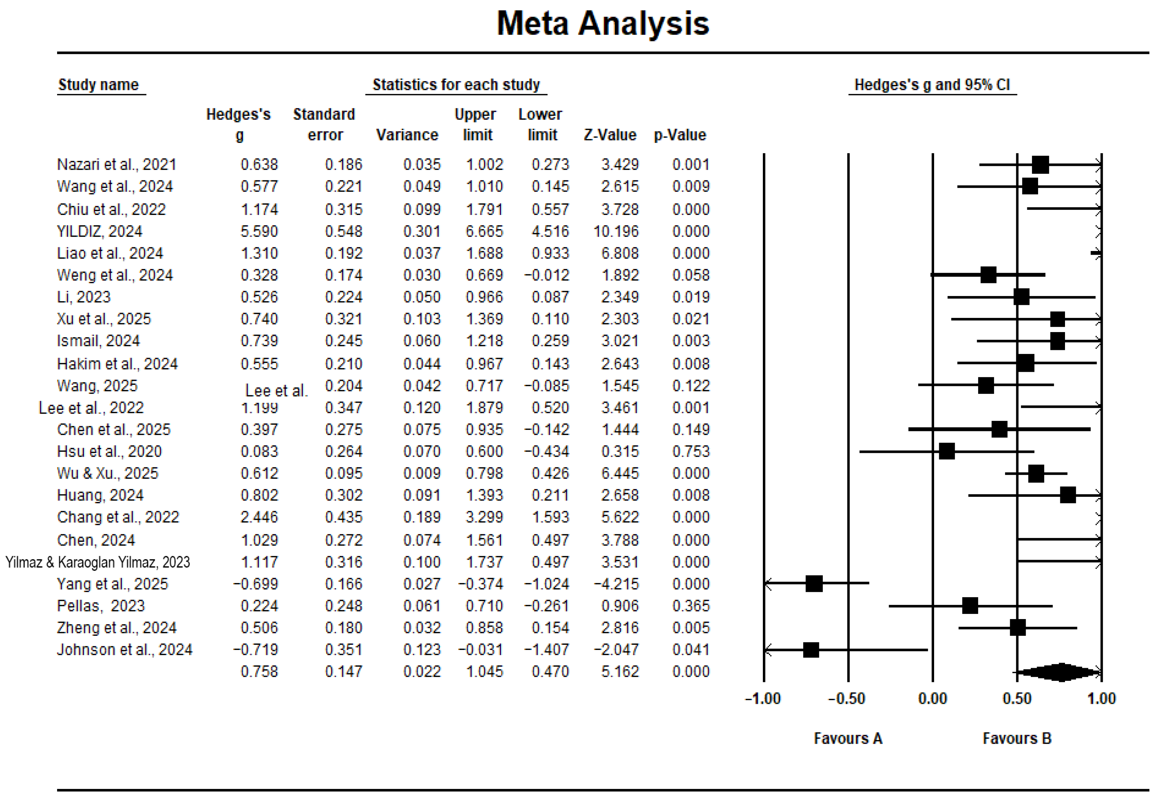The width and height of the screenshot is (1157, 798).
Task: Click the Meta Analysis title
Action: [x=603, y=24]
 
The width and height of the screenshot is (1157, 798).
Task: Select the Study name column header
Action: [x=99, y=84]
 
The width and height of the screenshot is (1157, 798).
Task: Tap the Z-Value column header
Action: [x=610, y=135]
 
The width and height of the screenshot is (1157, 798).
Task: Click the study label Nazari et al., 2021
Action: [x=116, y=164]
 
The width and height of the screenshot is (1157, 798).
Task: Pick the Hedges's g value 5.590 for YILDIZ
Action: [x=259, y=231]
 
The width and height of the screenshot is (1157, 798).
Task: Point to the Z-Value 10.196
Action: [x=616, y=231]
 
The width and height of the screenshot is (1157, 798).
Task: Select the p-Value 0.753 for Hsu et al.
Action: [x=691, y=451]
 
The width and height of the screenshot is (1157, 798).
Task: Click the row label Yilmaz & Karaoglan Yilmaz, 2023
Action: [x=98, y=563]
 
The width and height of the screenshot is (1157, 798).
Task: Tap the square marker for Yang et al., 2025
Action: [x=814, y=583]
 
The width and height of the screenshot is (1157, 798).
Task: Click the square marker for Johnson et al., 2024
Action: [x=810, y=650]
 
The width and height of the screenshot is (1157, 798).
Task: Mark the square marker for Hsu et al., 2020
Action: [x=946, y=451]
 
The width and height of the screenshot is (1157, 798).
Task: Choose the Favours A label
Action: [x=848, y=738]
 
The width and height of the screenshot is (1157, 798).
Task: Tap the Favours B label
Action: [x=1017, y=738]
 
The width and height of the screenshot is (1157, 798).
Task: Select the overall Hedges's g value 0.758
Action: [x=259, y=671]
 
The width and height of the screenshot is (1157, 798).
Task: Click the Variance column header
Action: [x=407, y=135]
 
